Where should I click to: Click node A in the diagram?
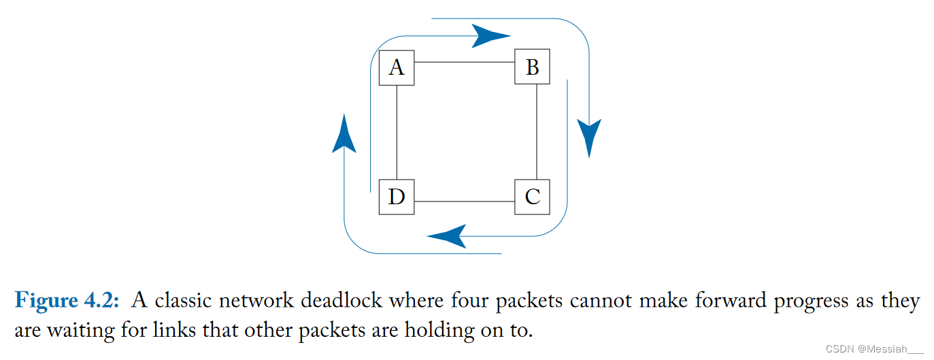pos(396,67)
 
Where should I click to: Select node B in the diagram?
pos(532,67)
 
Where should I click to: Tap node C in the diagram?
pos(532,197)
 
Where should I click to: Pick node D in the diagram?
pos(396,197)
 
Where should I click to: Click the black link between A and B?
pos(464,62)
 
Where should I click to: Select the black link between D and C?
pos(464,201)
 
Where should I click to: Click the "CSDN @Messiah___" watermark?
pos(874,348)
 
